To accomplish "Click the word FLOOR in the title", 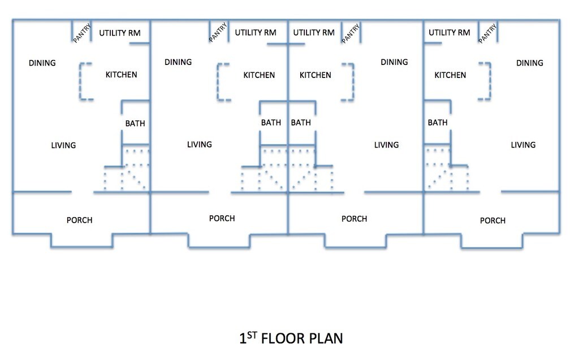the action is [283, 338].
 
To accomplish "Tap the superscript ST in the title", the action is [252, 335].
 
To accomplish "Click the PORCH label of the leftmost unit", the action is [79, 220].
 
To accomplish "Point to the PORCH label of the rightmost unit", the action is [492, 220].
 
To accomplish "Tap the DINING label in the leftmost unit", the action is [42, 63].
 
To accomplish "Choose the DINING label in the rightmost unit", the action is [529, 63].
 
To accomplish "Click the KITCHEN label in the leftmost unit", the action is [121, 75].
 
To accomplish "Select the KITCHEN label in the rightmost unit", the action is [450, 75].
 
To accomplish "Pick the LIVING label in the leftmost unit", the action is [63, 145].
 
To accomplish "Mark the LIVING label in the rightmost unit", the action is [523, 145].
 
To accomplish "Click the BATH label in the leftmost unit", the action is [135, 123].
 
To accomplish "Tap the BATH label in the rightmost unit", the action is [438, 122].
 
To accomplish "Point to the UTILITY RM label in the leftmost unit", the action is [120, 33].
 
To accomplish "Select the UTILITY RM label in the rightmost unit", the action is [450, 32].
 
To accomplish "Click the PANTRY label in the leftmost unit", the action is [81, 33].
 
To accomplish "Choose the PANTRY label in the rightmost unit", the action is [487, 33].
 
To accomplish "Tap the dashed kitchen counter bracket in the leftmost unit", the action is [80, 81].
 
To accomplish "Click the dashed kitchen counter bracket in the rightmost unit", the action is [490, 81].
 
